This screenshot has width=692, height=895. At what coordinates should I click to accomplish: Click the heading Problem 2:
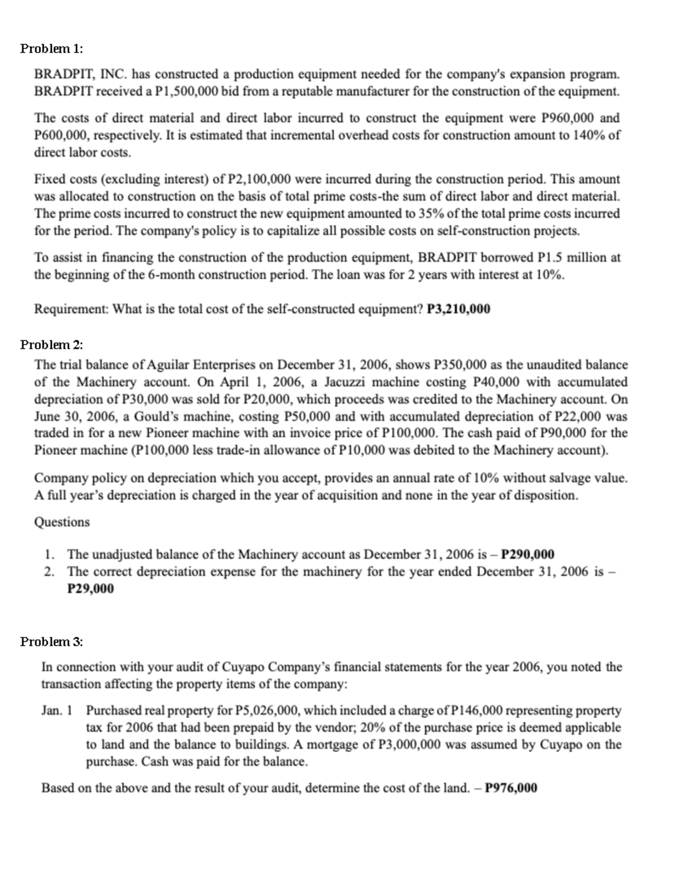tap(51, 345)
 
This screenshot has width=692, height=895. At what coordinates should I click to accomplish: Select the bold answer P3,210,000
tap(458, 309)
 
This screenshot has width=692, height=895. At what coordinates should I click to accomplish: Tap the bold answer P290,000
tap(528, 554)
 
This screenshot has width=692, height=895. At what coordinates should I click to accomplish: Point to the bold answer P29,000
tap(91, 589)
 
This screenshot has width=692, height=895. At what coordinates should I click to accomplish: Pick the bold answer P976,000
tap(512, 788)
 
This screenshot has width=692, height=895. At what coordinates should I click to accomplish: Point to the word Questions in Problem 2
tap(62, 522)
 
